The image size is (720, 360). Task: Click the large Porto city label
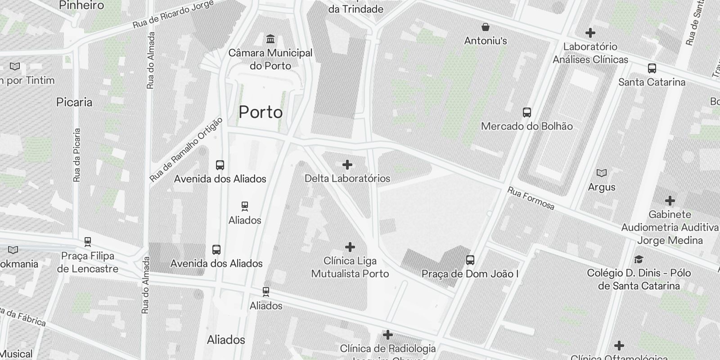[x=261, y=112]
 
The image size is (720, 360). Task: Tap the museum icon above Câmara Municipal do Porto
[x=270, y=39]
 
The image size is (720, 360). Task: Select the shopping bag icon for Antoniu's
[x=486, y=27]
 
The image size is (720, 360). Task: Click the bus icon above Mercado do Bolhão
[x=526, y=112]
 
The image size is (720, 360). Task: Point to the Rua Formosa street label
[x=531, y=198]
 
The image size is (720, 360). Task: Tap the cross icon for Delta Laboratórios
[x=347, y=165]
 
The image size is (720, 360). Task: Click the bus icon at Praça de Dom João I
[x=470, y=260]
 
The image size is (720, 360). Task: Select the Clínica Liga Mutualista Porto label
[x=350, y=267]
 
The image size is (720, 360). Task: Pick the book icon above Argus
[x=601, y=173]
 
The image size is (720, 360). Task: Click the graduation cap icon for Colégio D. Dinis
[x=638, y=260]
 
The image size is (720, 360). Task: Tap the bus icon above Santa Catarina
[x=652, y=68]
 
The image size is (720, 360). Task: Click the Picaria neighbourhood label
[x=74, y=102]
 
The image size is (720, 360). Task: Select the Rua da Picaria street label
[x=77, y=155]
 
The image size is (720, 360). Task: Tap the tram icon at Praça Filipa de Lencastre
[x=88, y=242]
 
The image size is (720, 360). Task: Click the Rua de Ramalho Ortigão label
[x=186, y=150]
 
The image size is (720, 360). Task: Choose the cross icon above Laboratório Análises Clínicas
[x=590, y=33]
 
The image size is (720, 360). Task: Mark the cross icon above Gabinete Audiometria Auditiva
[x=670, y=201]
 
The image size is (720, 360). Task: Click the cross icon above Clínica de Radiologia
[x=387, y=335]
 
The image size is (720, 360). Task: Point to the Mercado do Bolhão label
[x=526, y=126]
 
